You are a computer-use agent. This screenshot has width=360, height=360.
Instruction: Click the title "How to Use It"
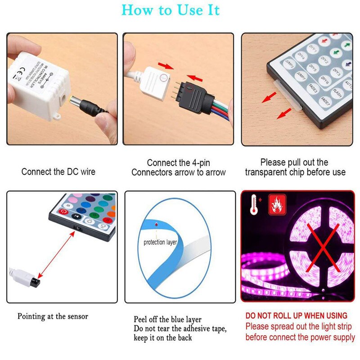coord(171,10)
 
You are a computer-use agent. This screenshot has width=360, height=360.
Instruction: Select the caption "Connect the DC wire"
coord(58,171)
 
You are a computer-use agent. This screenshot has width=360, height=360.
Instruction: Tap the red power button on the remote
coord(64,211)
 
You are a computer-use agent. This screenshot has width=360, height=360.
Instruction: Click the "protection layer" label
coord(160,243)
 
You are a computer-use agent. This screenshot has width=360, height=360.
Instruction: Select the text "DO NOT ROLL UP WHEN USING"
coord(296,315)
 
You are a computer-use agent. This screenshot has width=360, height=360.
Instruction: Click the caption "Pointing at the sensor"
coord(53,316)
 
